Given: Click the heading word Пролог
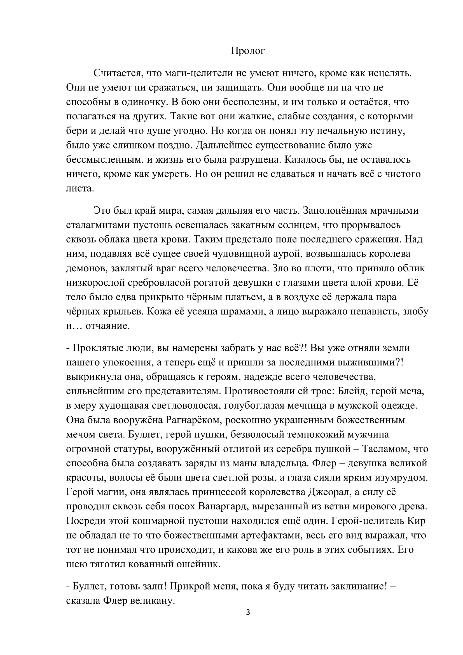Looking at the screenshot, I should (x=248, y=51).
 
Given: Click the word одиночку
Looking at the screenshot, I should (x=144, y=102).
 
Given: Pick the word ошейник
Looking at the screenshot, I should (x=197, y=564).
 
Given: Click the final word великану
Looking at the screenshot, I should (x=152, y=601).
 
